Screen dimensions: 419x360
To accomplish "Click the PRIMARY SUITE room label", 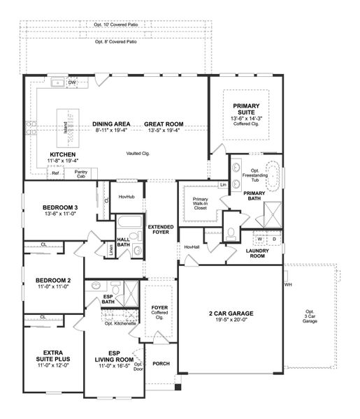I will coord(246,109).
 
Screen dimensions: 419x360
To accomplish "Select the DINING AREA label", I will coord(111,124).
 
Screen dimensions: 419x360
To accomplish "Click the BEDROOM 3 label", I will coord(59,207).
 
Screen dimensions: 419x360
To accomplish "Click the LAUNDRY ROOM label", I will coord(264,253).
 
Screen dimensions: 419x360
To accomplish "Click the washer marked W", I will coord(259,239).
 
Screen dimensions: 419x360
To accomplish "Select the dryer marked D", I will coord(274,239).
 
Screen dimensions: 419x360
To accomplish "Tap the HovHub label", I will coord(126,198).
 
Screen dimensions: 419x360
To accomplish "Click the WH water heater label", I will coord(288,285).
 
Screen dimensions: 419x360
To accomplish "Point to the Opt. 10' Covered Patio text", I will coord(115,24).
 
